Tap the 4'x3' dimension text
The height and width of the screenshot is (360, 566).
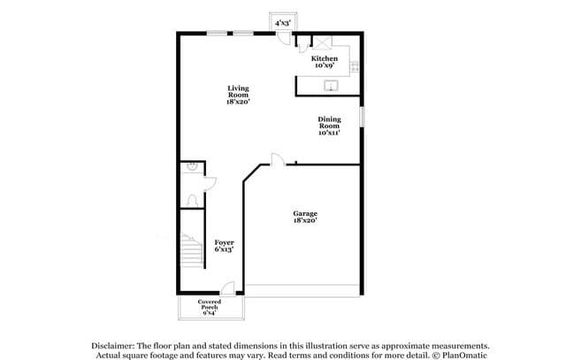[283, 24]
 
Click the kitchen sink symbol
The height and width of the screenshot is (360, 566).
[331, 86]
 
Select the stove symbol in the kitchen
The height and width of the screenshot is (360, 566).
[355, 66]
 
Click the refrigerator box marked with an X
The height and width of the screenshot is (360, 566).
[322, 42]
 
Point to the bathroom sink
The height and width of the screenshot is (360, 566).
[192, 166]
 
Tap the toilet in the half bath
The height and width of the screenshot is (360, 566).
[192, 201]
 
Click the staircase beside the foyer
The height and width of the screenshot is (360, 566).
[191, 250]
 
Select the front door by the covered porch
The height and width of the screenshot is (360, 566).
[228, 288]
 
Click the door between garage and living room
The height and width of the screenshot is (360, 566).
[278, 159]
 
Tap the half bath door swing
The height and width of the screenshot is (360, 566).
[210, 184]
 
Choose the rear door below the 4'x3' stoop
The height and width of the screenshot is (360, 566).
[284, 38]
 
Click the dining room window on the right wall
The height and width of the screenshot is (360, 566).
[362, 116]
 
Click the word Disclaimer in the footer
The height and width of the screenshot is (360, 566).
[112, 346]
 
